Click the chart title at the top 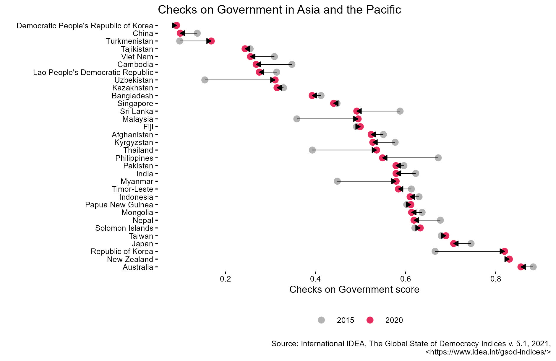click(279, 10)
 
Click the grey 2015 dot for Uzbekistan click(205, 80)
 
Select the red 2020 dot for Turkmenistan click(211, 41)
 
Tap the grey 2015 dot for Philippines click(438, 158)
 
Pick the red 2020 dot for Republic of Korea click(505, 251)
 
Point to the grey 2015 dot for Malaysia click(297, 119)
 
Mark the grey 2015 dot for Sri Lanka click(400, 111)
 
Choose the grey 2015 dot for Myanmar click(337, 181)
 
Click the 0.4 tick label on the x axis click(315, 279)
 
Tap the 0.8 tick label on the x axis click(496, 279)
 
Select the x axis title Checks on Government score click(354, 290)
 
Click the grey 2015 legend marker click(321, 320)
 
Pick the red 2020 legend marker click(370, 320)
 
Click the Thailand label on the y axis click(138, 150)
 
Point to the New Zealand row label click(130, 259)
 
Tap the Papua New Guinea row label click(119, 205)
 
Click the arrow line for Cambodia click(275, 64)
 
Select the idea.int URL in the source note click(488, 352)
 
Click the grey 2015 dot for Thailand click(312, 150)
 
